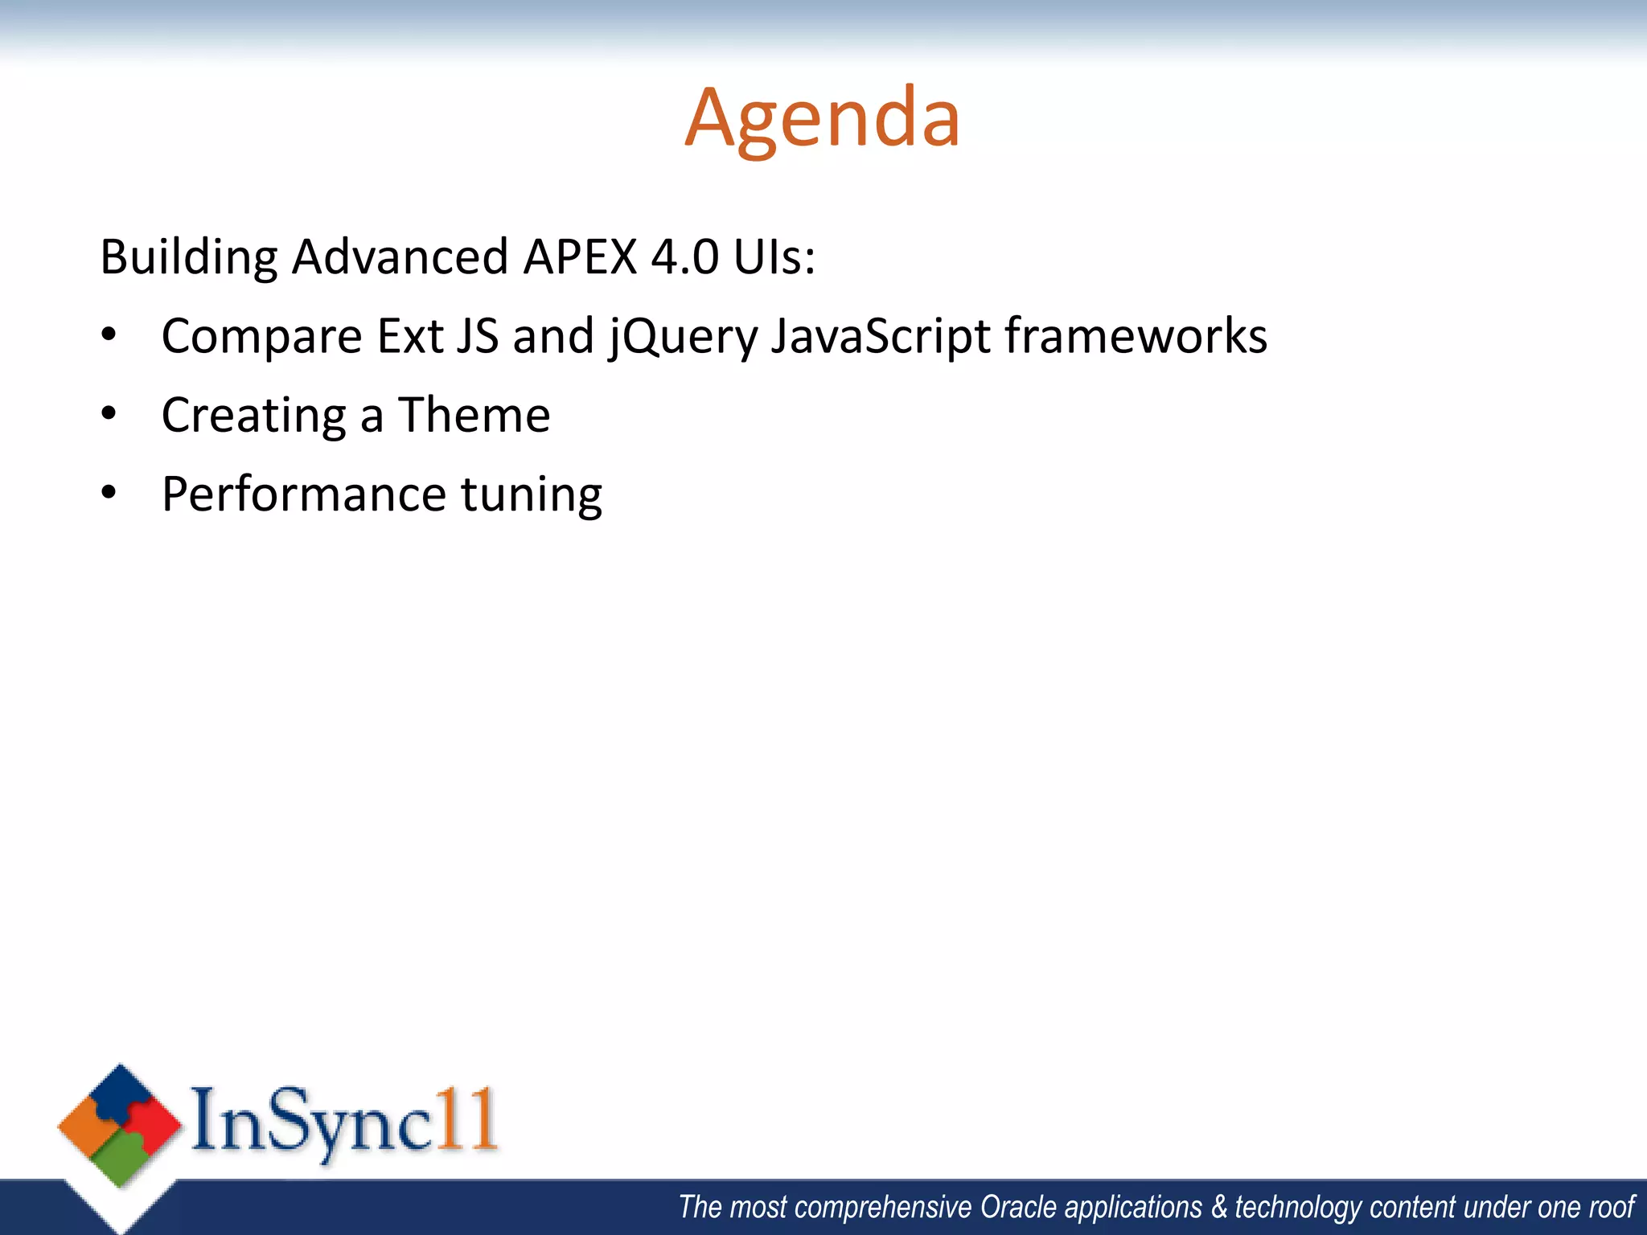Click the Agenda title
pos(822,119)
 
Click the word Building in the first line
pos(188,257)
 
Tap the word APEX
pos(579,257)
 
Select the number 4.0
pos(684,257)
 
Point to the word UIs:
pos(774,257)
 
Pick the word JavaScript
pos(881,336)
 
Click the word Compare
pos(261,336)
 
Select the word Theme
pos(474,415)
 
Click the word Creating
pos(254,416)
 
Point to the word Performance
pos(303,494)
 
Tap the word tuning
pos(531,495)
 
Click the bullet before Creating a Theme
pos(109,414)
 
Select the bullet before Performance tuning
pos(109,493)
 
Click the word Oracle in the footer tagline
pos(1018,1208)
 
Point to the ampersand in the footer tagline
pos(1220,1208)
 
